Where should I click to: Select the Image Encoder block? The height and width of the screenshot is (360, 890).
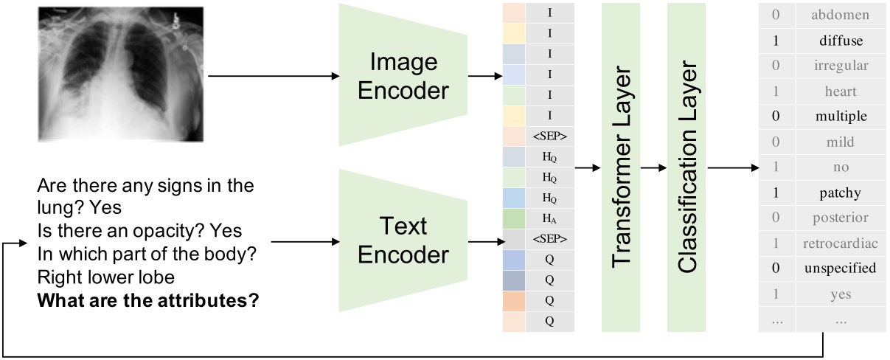coord(404,75)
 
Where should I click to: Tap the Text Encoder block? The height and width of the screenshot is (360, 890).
coord(404,241)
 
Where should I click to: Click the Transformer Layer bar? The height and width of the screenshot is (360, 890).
coord(621,167)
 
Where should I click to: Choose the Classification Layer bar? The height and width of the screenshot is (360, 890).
coord(686,167)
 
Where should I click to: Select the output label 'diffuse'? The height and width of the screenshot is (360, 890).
coord(840,41)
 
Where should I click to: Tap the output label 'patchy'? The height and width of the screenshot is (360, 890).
coord(840,193)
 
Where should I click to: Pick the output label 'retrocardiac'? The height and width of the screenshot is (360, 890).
coord(840,243)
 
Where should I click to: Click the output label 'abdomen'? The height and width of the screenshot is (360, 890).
coord(840,15)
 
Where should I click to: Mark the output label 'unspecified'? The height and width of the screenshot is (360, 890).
coord(840,269)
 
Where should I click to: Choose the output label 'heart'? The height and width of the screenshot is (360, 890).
coord(840,91)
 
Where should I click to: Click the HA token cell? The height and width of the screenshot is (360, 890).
coord(549,218)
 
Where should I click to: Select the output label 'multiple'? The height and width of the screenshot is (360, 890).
coord(840,117)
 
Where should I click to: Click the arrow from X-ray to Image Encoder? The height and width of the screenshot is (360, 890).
coord(273,76)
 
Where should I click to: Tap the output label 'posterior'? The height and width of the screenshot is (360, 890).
coord(840,218)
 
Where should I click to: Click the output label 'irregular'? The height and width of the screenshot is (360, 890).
coord(840,66)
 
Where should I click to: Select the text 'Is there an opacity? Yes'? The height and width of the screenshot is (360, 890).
coord(139,232)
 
